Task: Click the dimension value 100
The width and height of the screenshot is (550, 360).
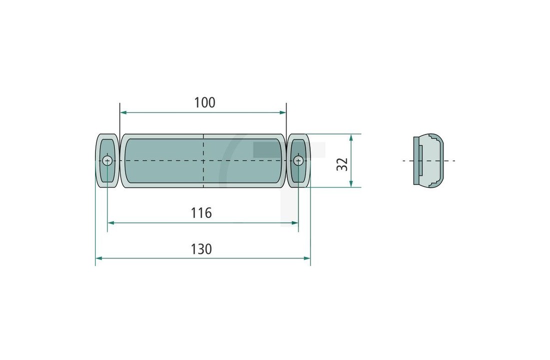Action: pos(204,102)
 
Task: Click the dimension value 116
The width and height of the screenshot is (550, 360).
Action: pos(201,213)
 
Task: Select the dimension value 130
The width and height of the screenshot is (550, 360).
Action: pos(201,248)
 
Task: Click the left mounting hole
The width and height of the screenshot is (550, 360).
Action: pos(107,160)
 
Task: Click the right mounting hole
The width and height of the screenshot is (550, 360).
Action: pos(298,160)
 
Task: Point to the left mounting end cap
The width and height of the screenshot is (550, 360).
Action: pos(107,160)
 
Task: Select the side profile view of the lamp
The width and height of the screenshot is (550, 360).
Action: pos(428,160)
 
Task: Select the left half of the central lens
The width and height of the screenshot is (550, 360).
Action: pos(162,160)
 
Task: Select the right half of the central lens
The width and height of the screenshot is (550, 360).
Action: pos(243,160)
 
